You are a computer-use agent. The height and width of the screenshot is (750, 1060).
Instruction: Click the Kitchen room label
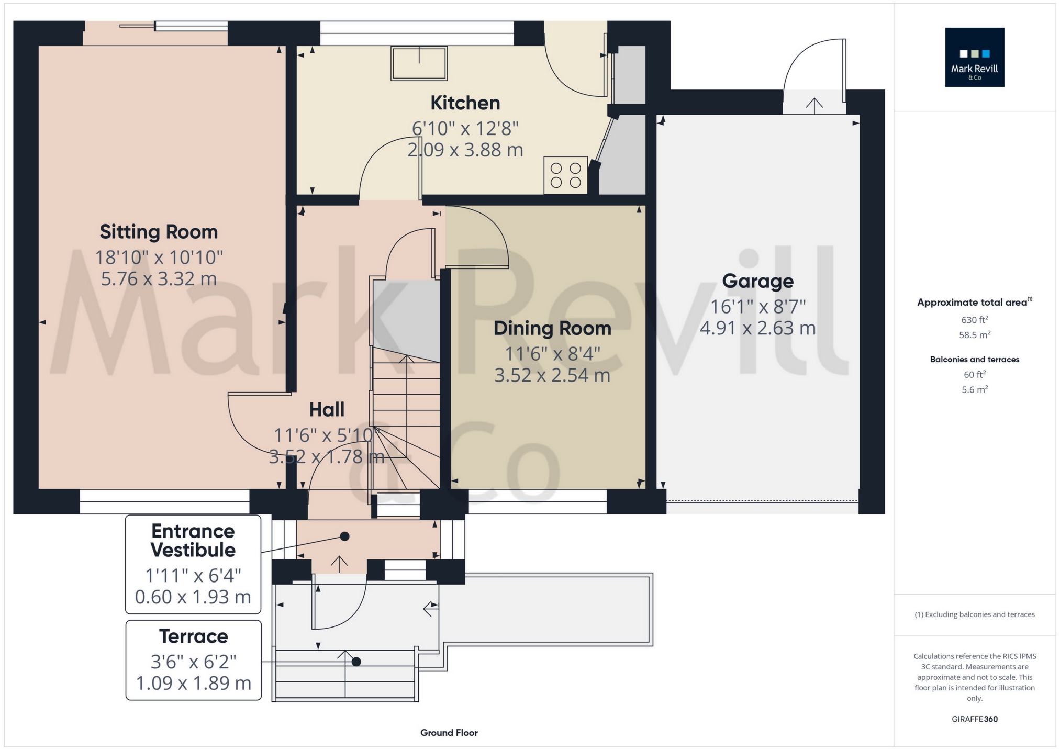pos(465,103)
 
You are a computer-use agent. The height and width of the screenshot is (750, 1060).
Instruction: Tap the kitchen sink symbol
pos(419,63)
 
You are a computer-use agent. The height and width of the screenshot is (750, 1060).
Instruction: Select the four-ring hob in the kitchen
pos(565,175)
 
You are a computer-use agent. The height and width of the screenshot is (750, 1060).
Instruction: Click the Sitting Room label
pos(159,232)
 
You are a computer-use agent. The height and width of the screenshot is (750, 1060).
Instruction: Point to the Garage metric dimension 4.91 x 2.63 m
pos(757,328)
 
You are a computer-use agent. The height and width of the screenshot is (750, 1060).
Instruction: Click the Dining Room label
pos(552,328)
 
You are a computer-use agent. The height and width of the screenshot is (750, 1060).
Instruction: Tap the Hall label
pos(327,410)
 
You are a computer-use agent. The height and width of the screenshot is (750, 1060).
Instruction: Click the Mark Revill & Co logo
pos(974,57)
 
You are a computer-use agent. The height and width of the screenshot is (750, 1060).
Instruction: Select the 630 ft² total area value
pos(974,320)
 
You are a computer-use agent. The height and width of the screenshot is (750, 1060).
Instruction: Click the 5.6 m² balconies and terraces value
pos(974,389)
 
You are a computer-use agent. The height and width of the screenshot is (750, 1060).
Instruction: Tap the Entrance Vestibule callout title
pos(193,541)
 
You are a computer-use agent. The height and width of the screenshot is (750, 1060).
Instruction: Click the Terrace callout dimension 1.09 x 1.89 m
pos(193,683)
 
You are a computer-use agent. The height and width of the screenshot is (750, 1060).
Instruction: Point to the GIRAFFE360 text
pos(974,719)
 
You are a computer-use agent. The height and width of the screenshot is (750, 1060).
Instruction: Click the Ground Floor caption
pos(449,733)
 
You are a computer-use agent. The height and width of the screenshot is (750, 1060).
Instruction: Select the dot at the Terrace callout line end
pos(356,662)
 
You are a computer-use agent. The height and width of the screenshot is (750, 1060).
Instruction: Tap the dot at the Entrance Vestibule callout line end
pos(344,536)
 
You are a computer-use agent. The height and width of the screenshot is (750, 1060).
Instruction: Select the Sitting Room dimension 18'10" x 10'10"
pos(159,257)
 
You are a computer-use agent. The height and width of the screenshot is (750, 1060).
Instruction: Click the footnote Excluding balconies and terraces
pos(974,614)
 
